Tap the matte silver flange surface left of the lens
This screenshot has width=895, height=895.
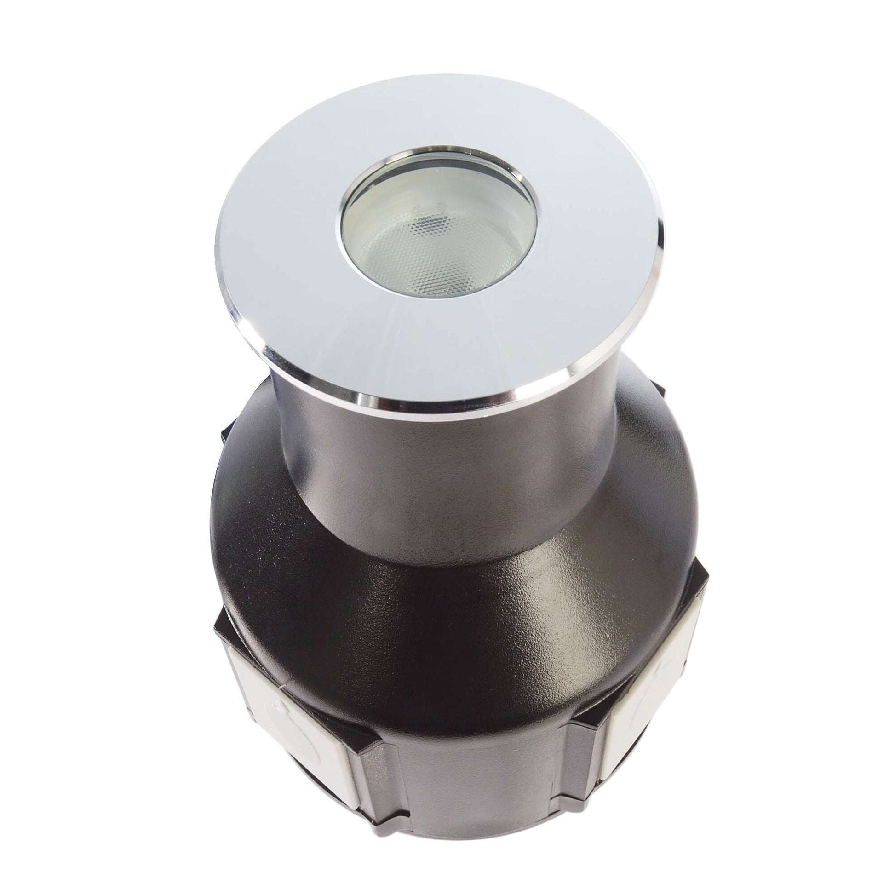278,250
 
